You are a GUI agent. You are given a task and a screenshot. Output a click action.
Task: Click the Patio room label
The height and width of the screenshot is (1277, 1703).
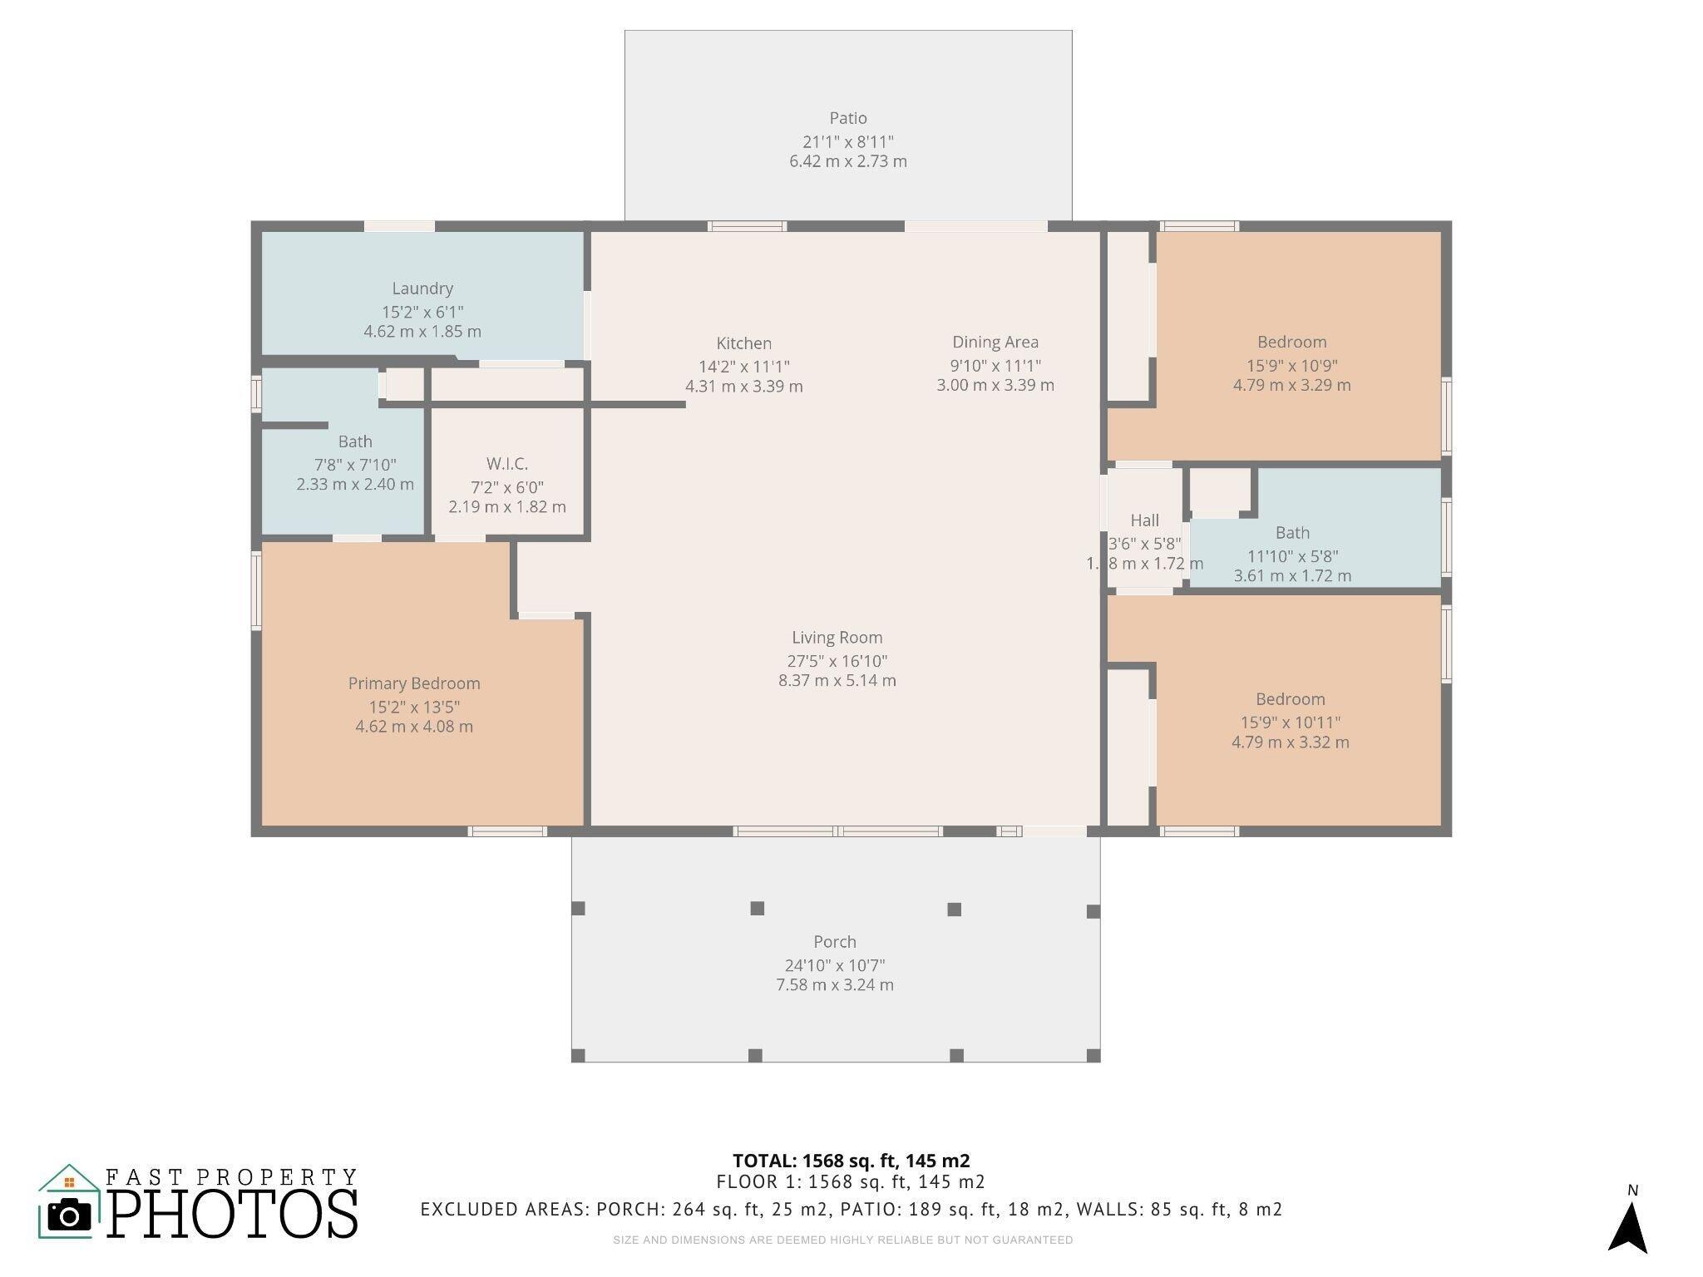click(x=848, y=118)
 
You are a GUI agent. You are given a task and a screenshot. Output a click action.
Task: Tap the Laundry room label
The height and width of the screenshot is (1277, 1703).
click(x=422, y=288)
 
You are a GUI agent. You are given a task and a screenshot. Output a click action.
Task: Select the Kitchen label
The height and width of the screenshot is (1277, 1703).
click(x=744, y=343)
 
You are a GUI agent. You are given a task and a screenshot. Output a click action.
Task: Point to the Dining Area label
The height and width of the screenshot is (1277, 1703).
click(x=995, y=342)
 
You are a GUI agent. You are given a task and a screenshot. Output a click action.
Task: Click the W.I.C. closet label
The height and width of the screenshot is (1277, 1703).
click(x=507, y=464)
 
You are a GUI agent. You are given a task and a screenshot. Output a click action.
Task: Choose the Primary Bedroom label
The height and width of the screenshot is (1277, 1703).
click(x=414, y=683)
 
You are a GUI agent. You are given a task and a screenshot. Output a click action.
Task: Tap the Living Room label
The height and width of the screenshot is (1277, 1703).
click(x=837, y=638)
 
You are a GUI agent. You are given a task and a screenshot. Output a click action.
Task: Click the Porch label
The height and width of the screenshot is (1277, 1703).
click(x=835, y=942)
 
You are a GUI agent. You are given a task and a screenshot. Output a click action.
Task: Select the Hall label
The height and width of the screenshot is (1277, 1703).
click(x=1145, y=520)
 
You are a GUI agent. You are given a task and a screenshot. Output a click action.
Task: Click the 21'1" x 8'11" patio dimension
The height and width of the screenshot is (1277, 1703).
click(x=848, y=141)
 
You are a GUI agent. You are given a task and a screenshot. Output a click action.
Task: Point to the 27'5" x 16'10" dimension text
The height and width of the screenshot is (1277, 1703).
click(x=837, y=661)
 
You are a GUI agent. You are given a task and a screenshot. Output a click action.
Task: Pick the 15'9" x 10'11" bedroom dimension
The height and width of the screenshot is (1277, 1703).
click(x=1291, y=722)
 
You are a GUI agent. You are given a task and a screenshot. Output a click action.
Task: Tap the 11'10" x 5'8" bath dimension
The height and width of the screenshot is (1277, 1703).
click(x=1293, y=556)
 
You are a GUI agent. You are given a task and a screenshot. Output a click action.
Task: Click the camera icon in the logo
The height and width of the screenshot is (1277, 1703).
click(x=69, y=1215)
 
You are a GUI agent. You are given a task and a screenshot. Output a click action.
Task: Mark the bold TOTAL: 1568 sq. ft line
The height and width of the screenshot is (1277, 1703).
click(x=851, y=1161)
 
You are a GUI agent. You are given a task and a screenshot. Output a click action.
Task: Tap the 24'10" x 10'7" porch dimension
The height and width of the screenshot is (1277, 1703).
click(x=835, y=965)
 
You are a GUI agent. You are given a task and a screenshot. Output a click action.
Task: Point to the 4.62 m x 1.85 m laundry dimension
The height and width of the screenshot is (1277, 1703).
click(x=422, y=331)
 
